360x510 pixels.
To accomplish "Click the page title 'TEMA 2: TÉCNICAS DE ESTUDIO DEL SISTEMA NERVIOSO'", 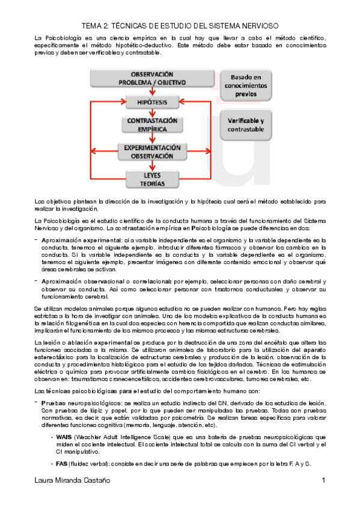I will (x=180, y=26).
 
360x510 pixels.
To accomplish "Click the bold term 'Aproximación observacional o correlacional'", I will (x=106, y=281).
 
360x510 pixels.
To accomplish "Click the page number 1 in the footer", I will (x=323, y=497).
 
